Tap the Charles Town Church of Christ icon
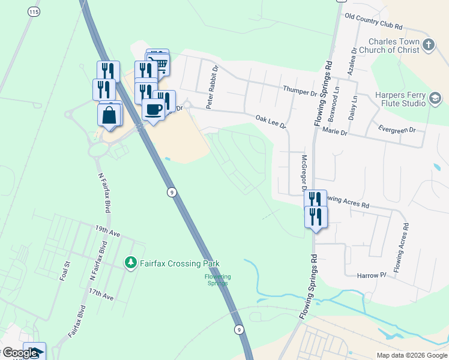click(428, 44)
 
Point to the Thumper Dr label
click(300, 92)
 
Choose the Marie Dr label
click(334, 131)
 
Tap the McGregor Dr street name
click(304, 174)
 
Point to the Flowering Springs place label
click(217, 280)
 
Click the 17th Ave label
click(101, 295)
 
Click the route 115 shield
click(34, 12)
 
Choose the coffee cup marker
click(153, 110)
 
